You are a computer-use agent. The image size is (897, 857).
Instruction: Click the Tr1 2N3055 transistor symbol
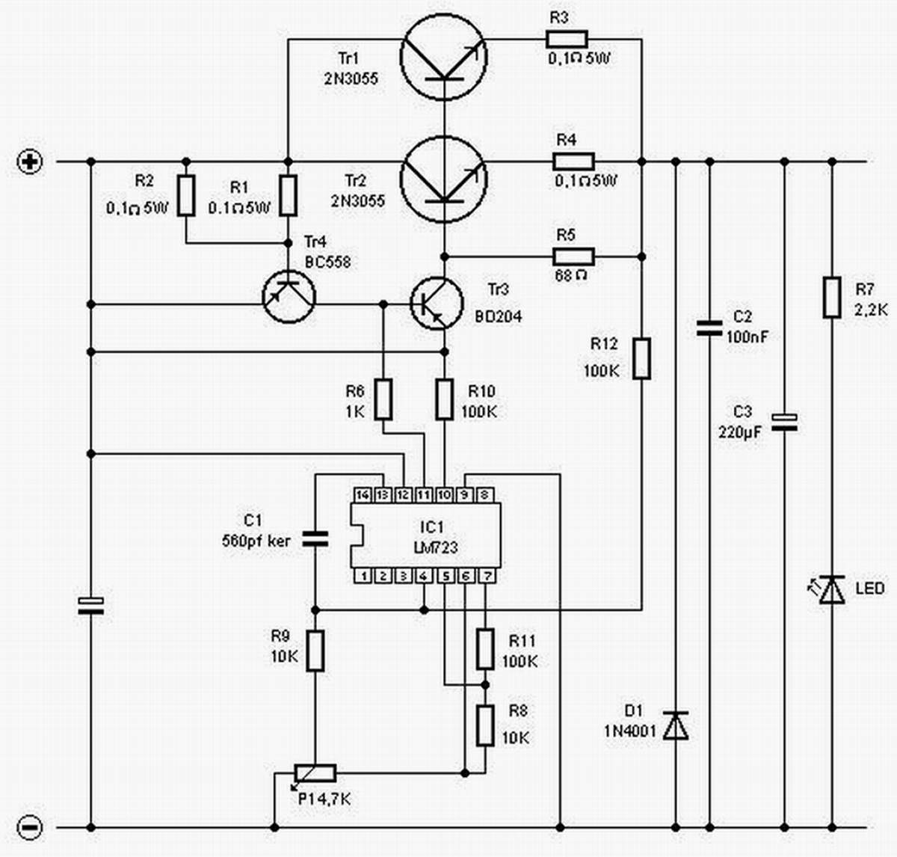[444, 58]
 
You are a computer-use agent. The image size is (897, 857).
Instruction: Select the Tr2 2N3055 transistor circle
[444, 179]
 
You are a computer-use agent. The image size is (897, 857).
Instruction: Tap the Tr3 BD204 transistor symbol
[437, 303]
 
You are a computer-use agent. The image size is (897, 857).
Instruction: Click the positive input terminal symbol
[30, 162]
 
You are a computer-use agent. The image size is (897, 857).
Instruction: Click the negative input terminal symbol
[30, 827]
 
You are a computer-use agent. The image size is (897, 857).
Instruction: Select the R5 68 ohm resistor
[573, 257]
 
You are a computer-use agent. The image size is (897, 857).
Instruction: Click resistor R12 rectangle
[641, 358]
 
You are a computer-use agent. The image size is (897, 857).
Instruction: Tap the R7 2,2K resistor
[832, 297]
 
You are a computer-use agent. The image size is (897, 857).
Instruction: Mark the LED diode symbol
[831, 589]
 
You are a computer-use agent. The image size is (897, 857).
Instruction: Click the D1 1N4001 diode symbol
[676, 725]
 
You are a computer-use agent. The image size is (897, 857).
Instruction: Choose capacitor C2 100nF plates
[709, 327]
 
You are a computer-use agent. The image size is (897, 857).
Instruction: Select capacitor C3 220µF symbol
[784, 423]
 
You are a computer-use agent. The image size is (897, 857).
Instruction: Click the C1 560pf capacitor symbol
[315, 538]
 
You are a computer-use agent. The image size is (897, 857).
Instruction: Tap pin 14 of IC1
[363, 495]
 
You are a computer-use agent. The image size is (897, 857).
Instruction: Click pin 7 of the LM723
[486, 576]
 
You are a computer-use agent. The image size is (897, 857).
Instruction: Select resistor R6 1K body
[383, 399]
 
